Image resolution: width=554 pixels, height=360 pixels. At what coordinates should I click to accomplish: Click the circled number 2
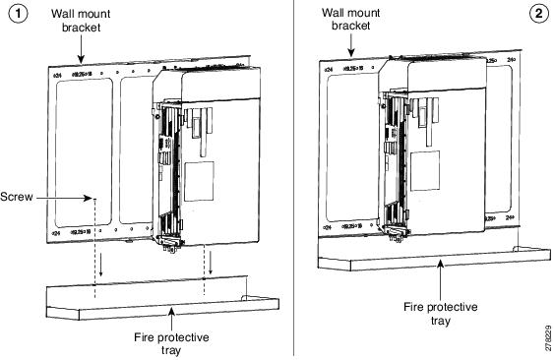tap(538, 14)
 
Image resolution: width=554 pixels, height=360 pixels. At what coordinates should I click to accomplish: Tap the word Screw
tap(20, 197)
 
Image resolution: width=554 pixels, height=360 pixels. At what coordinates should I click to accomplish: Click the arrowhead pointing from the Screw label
tap(91, 197)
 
